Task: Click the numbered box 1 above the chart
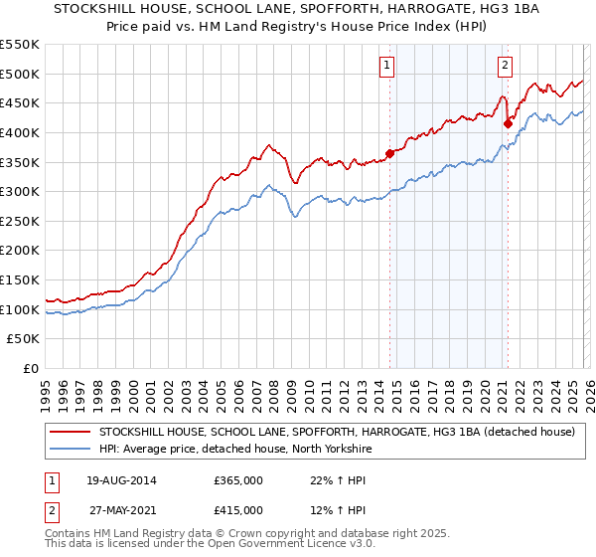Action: tap(385, 66)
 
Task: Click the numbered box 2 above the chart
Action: tap(505, 66)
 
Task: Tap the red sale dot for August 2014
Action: tap(389, 153)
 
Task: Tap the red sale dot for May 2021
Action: tap(508, 123)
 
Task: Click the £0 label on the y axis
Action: tap(30, 368)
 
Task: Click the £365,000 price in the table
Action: tap(238, 479)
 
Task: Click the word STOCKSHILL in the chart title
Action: tap(93, 11)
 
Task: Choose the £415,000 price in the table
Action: tap(238, 509)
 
